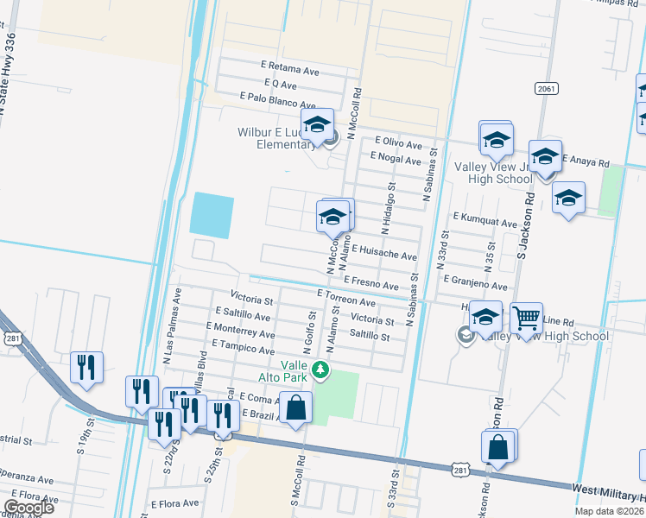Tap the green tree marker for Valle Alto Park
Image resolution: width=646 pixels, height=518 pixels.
point(321,370)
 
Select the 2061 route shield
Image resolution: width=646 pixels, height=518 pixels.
point(545,89)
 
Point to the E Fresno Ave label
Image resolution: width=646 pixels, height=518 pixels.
point(370,284)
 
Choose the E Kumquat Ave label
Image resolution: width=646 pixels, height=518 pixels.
point(484,221)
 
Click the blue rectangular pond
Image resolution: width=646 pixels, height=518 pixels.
point(212,216)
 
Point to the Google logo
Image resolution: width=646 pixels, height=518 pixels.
point(28,508)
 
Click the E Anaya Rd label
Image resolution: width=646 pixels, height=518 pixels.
point(586,161)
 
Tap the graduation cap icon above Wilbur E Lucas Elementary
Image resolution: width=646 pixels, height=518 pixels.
point(317,125)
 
